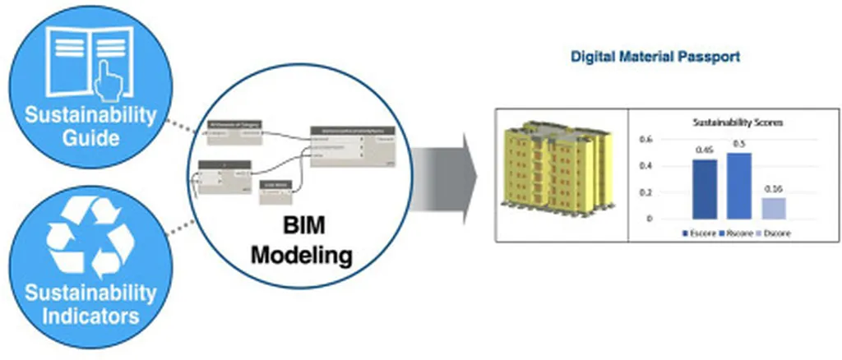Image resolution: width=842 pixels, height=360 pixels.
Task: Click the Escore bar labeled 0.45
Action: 705,189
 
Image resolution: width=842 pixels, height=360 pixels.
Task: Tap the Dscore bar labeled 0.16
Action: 774,208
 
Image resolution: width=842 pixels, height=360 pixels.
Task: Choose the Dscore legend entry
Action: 769,233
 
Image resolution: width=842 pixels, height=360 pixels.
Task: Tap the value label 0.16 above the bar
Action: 774,190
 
